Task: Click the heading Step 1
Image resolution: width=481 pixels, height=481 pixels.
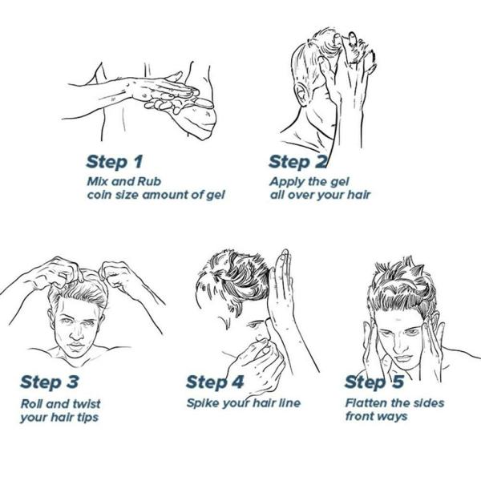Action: pyautogui.click(x=115, y=162)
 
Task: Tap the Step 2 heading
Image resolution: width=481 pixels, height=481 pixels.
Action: pyautogui.click(x=297, y=162)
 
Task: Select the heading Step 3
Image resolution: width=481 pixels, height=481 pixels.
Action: pyautogui.click(x=50, y=382)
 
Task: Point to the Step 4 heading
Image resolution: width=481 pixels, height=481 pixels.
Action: pyautogui.click(x=215, y=382)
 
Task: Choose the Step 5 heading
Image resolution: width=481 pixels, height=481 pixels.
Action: pyautogui.click(x=374, y=382)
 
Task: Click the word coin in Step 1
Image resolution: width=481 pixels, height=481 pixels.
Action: pyautogui.click(x=99, y=195)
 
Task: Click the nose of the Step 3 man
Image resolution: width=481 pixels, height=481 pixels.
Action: pyautogui.click(x=77, y=333)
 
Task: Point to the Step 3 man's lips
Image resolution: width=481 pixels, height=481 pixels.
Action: pyautogui.click(x=76, y=346)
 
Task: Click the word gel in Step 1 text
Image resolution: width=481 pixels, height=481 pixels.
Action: pyautogui.click(x=216, y=196)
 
